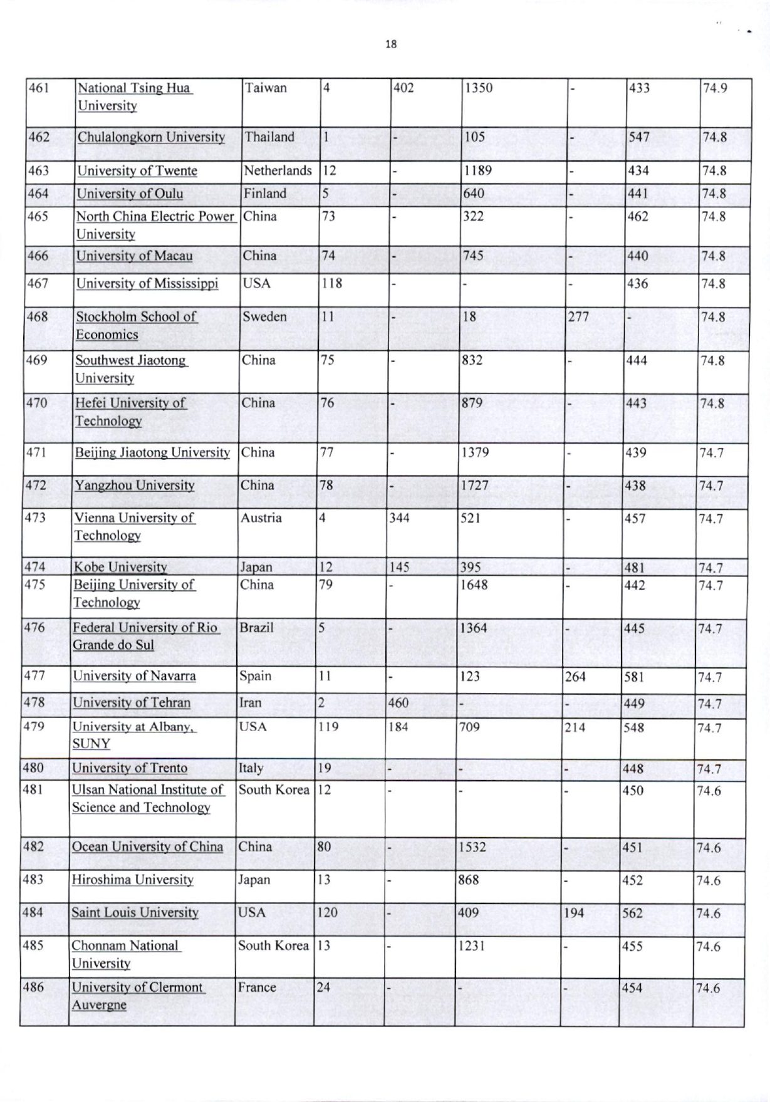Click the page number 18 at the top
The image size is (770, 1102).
(x=391, y=44)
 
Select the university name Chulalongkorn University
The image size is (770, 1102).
(x=151, y=137)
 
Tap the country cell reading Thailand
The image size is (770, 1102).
(x=269, y=137)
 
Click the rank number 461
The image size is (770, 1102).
(x=39, y=88)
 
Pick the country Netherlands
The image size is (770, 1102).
(x=278, y=170)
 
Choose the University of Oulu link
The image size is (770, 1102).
(x=130, y=194)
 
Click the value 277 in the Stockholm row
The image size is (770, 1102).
(x=578, y=316)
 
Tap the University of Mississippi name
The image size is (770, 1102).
(x=147, y=284)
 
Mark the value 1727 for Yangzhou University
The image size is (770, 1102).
(x=475, y=486)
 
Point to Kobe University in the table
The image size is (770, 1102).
(x=120, y=567)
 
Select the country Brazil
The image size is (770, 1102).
(x=256, y=628)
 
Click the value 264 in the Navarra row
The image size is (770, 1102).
(x=575, y=677)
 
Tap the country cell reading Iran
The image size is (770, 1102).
(x=250, y=703)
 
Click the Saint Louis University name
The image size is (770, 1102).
(x=135, y=913)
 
